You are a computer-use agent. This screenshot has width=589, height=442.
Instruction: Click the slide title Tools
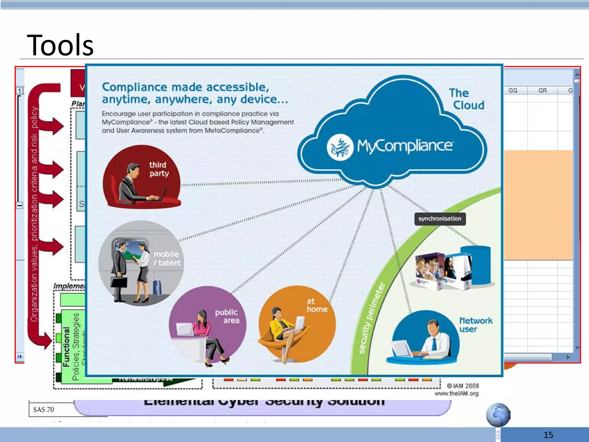60,45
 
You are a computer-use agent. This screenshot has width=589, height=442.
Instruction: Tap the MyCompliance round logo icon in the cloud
340,147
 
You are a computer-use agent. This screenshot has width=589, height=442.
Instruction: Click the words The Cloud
466,99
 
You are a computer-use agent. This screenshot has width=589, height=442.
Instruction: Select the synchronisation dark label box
440,219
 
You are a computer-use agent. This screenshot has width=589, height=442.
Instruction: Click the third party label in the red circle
158,169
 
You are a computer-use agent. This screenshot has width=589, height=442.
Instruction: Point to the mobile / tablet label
167,258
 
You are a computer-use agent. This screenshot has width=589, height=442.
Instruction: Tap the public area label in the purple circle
227,316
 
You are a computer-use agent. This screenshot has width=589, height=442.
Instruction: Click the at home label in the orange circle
317,305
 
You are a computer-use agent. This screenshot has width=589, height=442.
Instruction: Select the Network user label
475,325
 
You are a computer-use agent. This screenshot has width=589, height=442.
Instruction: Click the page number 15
548,435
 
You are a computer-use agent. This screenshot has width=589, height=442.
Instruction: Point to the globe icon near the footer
498,415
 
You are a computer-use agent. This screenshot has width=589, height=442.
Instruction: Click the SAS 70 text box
44,409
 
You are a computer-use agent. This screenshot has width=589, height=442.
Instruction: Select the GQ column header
513,90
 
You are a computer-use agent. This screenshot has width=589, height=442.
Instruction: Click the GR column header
542,90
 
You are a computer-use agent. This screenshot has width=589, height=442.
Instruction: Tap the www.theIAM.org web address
456,393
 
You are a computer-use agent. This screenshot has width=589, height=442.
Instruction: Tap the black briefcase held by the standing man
119,282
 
